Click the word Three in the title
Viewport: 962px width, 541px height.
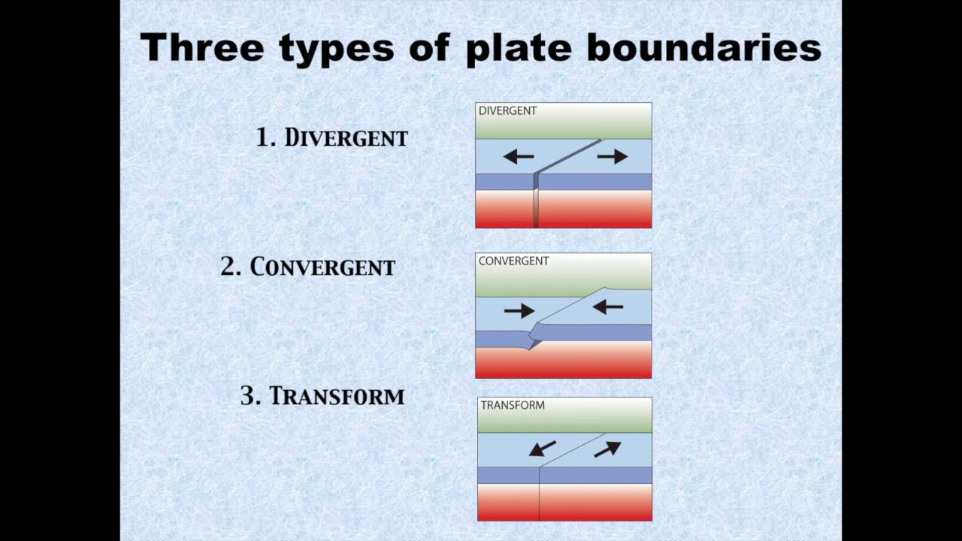pyautogui.click(x=202, y=48)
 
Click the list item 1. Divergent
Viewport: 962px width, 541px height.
pyautogui.click(x=331, y=138)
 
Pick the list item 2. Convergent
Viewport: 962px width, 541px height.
pyautogui.click(x=307, y=267)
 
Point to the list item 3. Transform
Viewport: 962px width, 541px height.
pyautogui.click(x=322, y=396)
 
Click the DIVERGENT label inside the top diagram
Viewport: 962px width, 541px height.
pyautogui.click(x=507, y=111)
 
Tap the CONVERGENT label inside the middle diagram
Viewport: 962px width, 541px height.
pyautogui.click(x=513, y=261)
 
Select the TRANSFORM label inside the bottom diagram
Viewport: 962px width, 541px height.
pyautogui.click(x=513, y=406)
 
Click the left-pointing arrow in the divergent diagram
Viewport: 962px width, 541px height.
pyautogui.click(x=519, y=156)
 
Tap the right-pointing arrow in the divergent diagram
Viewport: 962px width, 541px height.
pyautogui.click(x=613, y=156)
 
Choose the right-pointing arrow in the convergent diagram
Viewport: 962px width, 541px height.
pyautogui.click(x=519, y=310)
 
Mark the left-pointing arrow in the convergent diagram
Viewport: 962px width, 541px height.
pyautogui.click(x=608, y=307)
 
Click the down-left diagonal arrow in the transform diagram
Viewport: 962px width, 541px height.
pyautogui.click(x=542, y=449)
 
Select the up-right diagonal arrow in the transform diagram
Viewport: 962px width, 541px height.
pyautogui.click(x=607, y=449)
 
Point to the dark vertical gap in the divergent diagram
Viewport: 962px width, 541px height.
pyautogui.click(x=536, y=203)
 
